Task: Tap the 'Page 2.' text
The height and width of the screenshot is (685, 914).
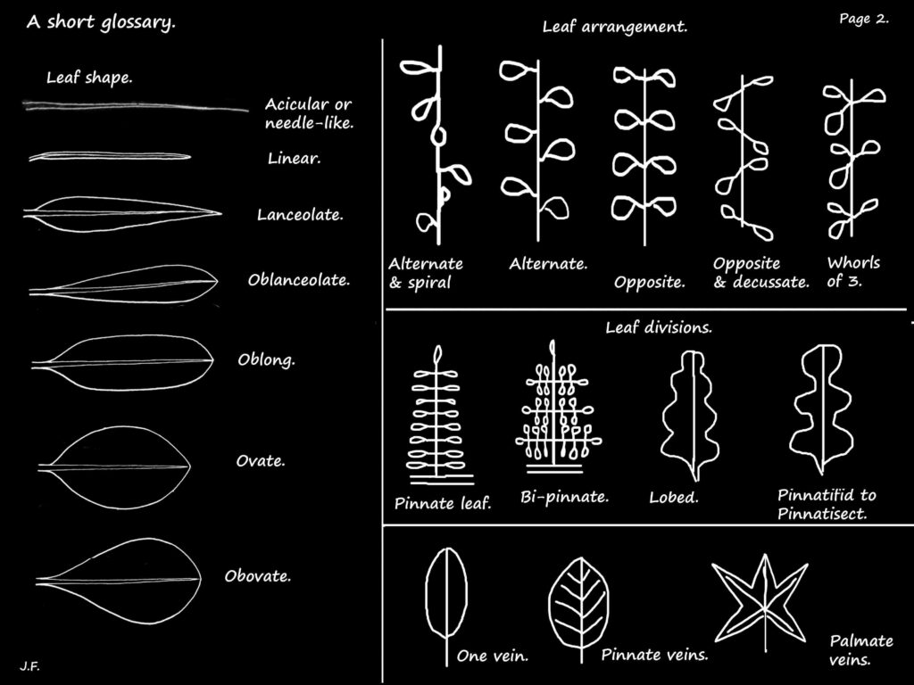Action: pos(864,19)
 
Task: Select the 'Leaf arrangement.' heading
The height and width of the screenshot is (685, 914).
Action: pos(615,27)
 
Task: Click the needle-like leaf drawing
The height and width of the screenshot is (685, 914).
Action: pos(134,108)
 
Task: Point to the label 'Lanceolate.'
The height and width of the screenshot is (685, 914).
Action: pos(300,215)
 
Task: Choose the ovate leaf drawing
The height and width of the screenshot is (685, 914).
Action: pos(115,466)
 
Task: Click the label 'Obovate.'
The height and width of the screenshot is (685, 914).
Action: pos(258,576)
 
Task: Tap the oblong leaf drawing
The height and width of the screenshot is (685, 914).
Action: pos(122,363)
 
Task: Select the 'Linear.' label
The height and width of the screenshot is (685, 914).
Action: pos(294,159)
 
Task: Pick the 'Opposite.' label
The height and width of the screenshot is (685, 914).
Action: pos(650,283)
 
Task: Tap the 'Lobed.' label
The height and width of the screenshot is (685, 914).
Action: pos(674,498)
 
